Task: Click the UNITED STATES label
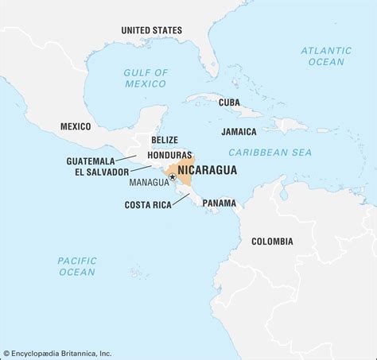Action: (150, 30)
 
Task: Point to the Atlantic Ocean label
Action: (325, 56)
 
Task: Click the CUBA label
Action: (229, 103)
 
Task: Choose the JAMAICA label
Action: (239, 131)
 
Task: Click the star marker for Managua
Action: (173, 178)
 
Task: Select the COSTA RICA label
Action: (149, 204)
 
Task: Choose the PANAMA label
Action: (219, 203)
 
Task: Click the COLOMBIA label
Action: (272, 242)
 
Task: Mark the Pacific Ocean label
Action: (76, 266)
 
